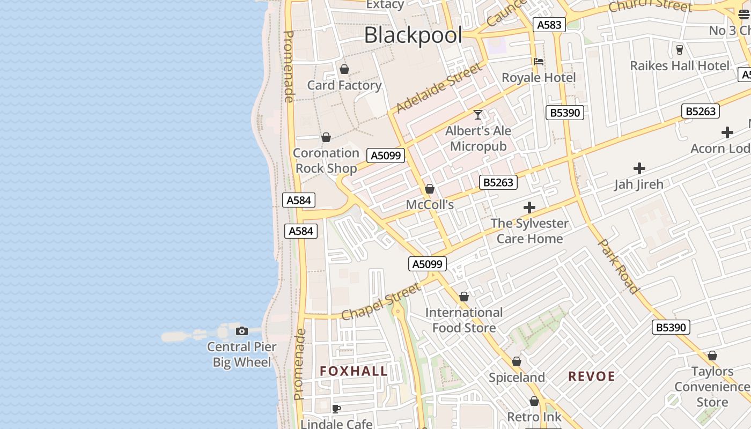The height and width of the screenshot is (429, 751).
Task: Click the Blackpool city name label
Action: pos(413,35)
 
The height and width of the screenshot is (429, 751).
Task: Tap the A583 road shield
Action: pos(549,24)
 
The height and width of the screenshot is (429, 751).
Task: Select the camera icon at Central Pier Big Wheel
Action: pos(242,331)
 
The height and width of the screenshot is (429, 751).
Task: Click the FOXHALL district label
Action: pos(354,371)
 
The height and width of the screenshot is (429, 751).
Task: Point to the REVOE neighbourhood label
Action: pos(592,376)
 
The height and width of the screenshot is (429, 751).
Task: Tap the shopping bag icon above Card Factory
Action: pos(344,69)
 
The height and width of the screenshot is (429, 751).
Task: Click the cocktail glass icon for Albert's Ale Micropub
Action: pos(478,115)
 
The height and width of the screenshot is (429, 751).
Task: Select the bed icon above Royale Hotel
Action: pos(539,62)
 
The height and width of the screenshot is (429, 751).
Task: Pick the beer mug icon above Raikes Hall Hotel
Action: pos(680,50)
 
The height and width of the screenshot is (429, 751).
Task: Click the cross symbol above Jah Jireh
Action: pos(639,168)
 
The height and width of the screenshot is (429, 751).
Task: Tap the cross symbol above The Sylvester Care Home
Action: pos(529,208)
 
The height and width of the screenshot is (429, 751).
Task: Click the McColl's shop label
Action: pos(430,204)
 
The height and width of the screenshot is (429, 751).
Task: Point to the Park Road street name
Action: pos(619,267)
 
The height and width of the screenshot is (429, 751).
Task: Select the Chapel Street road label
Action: pos(381,301)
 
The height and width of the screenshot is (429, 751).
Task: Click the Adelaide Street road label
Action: pos(439,88)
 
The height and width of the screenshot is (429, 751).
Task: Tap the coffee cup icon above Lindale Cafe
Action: pos(336,409)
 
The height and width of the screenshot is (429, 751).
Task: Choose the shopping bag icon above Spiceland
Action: pos(517,362)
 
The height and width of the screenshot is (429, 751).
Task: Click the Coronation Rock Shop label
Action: pos(326,160)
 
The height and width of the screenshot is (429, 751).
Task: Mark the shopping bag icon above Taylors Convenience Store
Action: pos(712,356)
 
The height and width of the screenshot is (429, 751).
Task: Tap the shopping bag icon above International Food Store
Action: pos(464,297)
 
